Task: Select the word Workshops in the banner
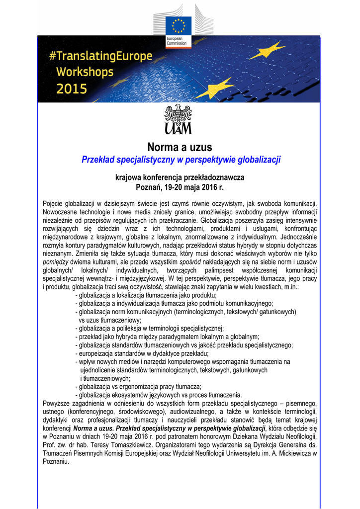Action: coord(85,72)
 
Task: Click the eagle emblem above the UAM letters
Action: coord(178,114)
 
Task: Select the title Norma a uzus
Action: coord(180,147)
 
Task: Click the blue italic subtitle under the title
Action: coord(181,160)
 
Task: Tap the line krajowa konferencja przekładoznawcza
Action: coord(180,177)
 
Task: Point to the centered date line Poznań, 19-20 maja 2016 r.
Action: coord(180,187)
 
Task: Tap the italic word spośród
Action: coord(190,261)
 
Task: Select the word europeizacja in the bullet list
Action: coord(97,353)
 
